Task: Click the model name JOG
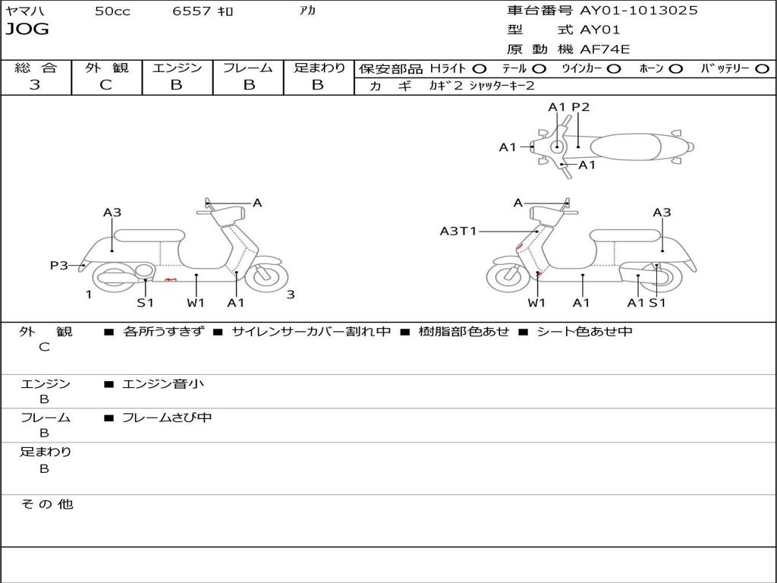(x=27, y=30)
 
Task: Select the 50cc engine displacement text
(x=112, y=11)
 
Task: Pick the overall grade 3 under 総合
(x=35, y=85)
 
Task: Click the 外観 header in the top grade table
(x=106, y=68)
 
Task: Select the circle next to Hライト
(x=480, y=68)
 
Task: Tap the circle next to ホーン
(x=675, y=68)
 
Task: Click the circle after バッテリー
(x=762, y=68)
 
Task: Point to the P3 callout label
(x=59, y=265)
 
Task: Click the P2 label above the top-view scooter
(x=580, y=107)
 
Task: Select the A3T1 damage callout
(x=458, y=231)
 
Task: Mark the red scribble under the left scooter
(x=171, y=280)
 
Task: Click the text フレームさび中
(x=167, y=418)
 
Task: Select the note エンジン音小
(x=163, y=384)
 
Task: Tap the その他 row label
(x=46, y=504)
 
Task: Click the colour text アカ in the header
(x=307, y=11)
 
